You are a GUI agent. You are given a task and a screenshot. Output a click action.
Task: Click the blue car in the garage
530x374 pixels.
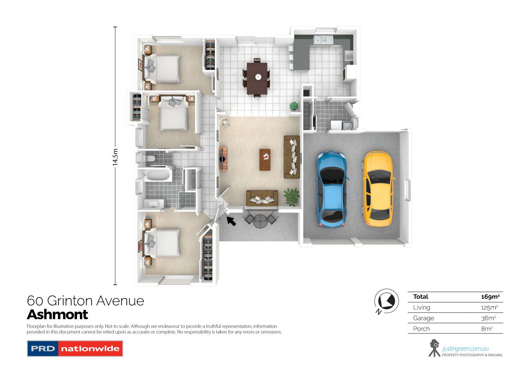[331, 189]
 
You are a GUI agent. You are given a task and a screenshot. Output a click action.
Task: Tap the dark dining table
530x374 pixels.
[257, 78]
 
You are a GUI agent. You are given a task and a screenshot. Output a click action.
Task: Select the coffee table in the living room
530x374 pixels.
[265, 159]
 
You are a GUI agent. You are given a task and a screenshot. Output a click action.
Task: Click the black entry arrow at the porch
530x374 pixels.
[231, 221]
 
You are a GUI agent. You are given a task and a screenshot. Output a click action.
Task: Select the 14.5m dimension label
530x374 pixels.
[115, 157]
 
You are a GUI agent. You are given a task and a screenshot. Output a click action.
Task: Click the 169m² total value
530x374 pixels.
[490, 297]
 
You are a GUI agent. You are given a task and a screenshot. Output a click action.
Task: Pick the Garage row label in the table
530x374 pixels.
[423, 318]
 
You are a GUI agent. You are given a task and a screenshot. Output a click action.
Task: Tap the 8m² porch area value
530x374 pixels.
[487, 328]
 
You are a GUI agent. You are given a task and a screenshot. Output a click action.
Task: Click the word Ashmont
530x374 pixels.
[58, 314]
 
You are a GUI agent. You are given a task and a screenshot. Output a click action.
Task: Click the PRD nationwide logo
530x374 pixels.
[75, 349]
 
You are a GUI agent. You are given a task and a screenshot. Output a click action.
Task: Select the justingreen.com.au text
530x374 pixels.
[465, 349]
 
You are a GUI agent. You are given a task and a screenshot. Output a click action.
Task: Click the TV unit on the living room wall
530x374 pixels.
[223, 159]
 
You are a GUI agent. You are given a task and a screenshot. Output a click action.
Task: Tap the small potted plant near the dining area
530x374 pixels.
[294, 106]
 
